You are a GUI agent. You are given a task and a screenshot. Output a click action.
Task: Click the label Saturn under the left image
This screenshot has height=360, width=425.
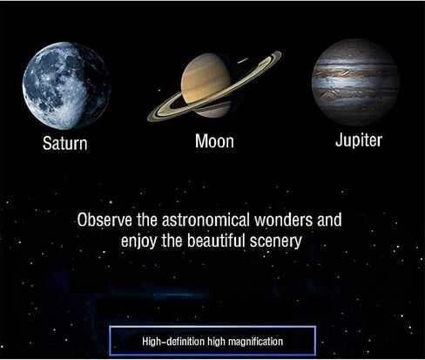(x=65, y=143)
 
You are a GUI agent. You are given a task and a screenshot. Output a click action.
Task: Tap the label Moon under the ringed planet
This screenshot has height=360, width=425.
(x=214, y=141)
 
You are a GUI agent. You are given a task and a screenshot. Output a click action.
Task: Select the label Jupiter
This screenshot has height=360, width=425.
(x=359, y=140)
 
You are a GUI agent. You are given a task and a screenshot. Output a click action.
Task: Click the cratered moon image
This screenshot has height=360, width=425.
(x=66, y=85)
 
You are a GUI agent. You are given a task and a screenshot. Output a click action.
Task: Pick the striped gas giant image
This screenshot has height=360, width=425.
(x=355, y=82)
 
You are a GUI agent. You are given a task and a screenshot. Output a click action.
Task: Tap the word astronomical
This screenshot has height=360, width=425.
(x=206, y=220)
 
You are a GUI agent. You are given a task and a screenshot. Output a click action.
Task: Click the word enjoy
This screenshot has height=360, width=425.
(x=138, y=241)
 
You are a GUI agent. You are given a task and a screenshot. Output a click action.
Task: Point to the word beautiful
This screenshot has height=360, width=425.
(x=217, y=241)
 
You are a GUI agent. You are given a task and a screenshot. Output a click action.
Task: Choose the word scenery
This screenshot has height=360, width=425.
(x=276, y=241)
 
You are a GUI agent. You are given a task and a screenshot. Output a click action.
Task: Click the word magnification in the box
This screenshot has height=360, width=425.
(x=255, y=341)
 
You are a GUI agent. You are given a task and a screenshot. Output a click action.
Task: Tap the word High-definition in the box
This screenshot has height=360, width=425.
(x=173, y=341)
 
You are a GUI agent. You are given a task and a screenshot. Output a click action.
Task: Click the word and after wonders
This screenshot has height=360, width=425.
(x=329, y=220)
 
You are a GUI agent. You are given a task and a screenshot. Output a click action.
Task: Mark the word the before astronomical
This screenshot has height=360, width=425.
(x=147, y=220)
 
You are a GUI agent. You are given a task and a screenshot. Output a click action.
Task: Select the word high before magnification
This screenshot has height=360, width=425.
(x=217, y=342)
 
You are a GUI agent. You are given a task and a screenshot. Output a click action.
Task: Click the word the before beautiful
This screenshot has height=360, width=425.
(x=172, y=241)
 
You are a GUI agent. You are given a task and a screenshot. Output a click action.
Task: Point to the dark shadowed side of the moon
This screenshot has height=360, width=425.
(x=94, y=85)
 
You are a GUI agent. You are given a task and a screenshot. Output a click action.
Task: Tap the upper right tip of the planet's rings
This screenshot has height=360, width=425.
(x=280, y=53)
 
